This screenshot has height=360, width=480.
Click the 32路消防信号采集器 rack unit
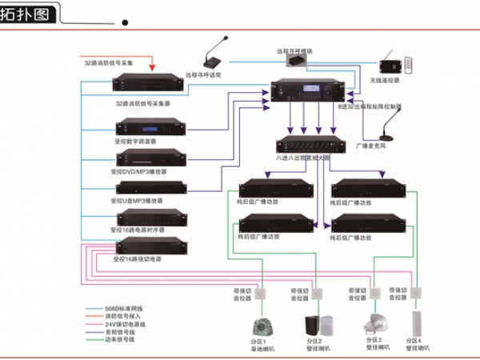[150, 86]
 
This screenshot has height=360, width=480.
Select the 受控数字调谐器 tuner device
[150, 128]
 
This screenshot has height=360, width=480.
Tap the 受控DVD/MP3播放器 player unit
[150, 159]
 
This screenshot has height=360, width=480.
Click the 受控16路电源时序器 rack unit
[150, 217]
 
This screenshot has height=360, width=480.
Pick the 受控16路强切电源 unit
[150, 247]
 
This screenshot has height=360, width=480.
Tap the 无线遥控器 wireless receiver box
[391, 66]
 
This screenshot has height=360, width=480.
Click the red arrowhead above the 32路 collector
[153, 70]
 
